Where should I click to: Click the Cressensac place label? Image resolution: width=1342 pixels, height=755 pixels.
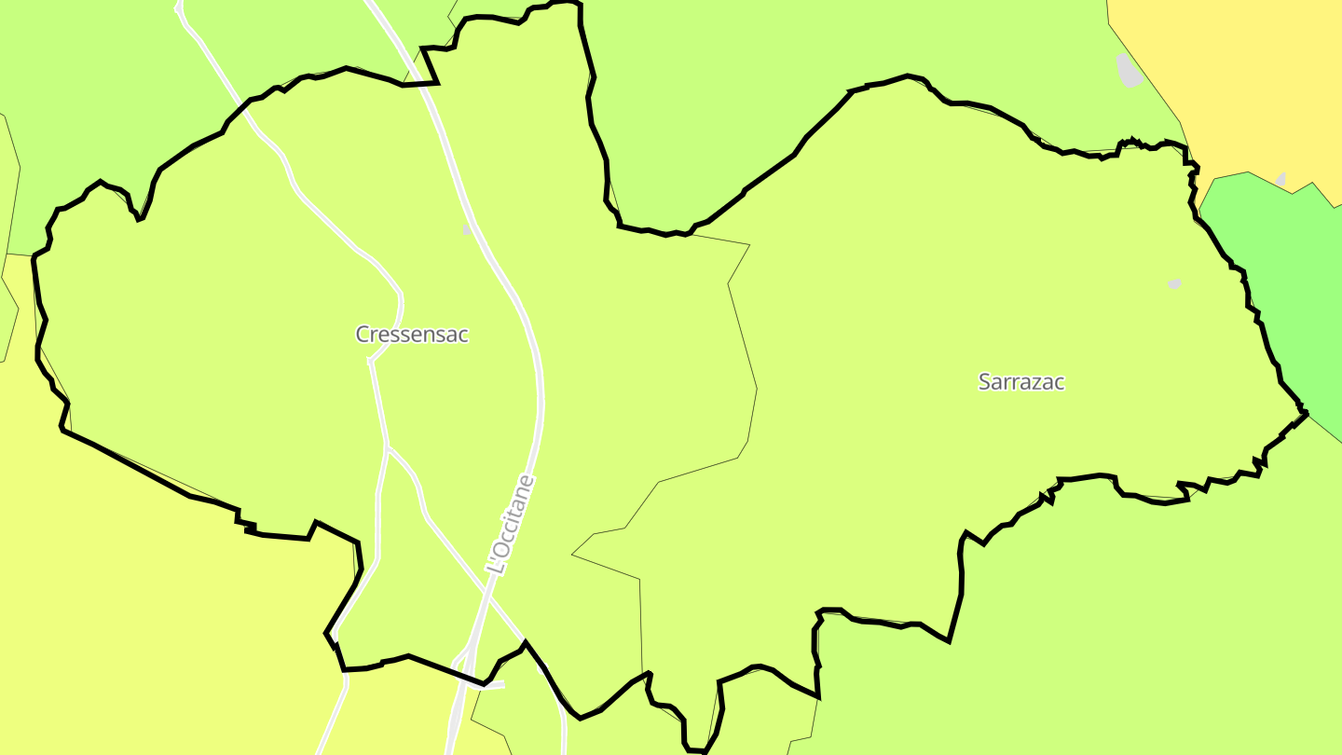pyautogui.click(x=412, y=334)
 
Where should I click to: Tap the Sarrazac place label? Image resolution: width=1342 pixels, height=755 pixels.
pyautogui.click(x=1020, y=381)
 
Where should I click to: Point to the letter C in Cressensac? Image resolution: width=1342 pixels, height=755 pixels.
pyautogui.click(x=363, y=334)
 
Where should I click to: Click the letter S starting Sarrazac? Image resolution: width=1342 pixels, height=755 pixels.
pyautogui.click(x=984, y=381)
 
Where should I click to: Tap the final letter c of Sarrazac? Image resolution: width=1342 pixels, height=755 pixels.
pyautogui.click(x=1059, y=382)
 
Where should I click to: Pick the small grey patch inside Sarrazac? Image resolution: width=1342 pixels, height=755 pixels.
pyautogui.click(x=1174, y=283)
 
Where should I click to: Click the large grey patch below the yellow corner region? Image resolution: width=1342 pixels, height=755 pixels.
pyautogui.click(x=1129, y=71)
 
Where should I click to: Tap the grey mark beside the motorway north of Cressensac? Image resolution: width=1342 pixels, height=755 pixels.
pyautogui.click(x=467, y=228)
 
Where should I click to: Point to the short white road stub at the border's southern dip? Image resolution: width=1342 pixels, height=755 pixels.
pyautogui.click(x=494, y=685)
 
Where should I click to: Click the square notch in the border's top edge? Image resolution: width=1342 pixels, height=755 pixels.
pyautogui.click(x=431, y=65)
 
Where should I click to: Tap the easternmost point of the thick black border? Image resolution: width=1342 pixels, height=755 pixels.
pyautogui.click(x=1307, y=411)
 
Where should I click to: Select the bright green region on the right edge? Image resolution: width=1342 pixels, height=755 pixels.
pyautogui.click(x=1286, y=280)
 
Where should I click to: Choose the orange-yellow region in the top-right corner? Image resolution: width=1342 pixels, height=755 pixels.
pyautogui.click(x=1239, y=65)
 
